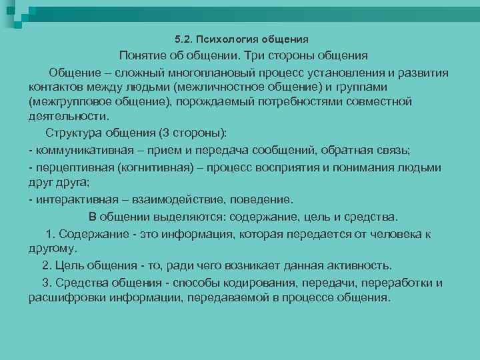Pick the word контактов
55,87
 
